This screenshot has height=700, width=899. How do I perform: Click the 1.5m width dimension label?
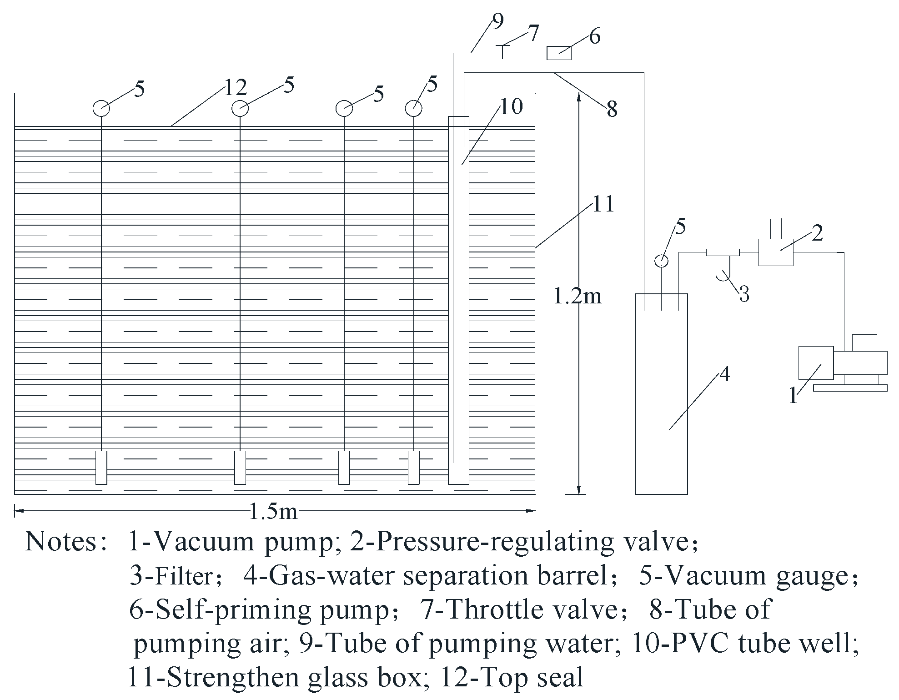[x=273, y=512]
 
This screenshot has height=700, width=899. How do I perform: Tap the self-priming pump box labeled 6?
[x=558, y=53]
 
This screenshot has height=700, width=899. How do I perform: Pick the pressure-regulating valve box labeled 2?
[x=776, y=252]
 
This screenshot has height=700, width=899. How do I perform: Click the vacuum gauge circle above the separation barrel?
[x=661, y=261]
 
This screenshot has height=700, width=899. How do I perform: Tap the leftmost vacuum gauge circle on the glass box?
[x=101, y=108]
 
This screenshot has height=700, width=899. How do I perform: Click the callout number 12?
[x=235, y=87]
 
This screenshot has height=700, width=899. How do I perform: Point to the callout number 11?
[x=603, y=204]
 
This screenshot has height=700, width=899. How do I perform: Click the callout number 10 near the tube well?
[x=512, y=107]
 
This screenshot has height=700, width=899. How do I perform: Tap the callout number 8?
[x=612, y=110]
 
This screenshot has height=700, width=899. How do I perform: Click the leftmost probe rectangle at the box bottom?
[x=101, y=468]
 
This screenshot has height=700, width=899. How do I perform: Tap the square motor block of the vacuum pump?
[x=816, y=363]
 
